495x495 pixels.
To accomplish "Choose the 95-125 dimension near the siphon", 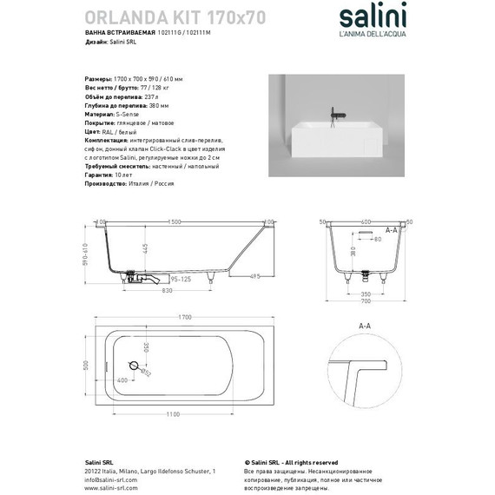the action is click(x=181, y=280).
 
